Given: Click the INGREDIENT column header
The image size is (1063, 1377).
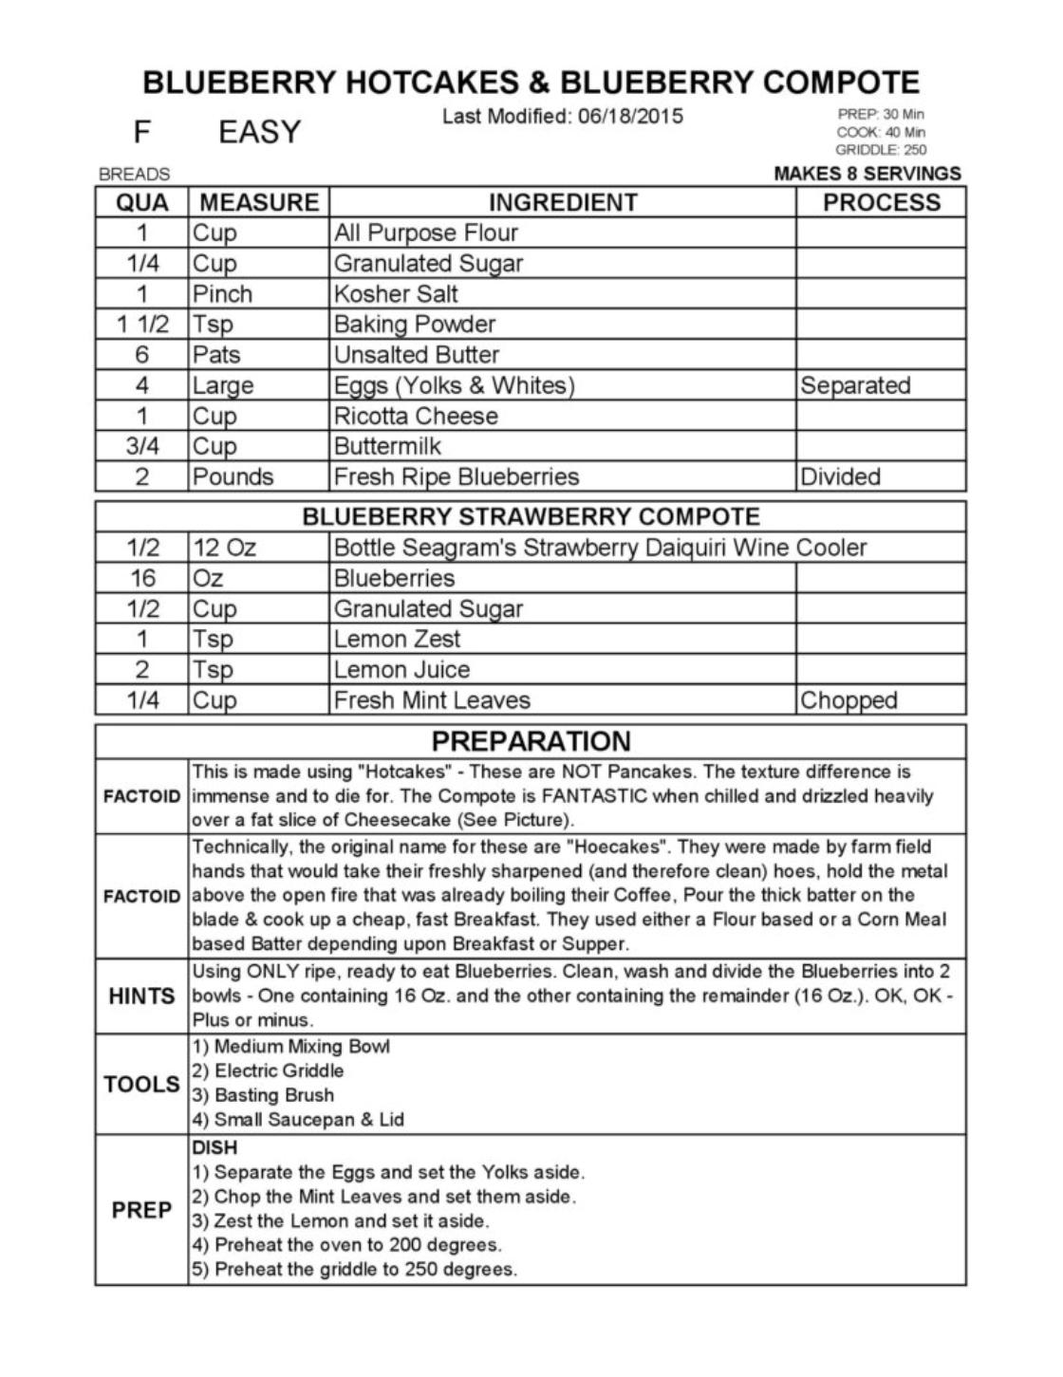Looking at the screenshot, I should tap(562, 202).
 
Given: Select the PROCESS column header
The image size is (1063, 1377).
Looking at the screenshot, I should tap(881, 202).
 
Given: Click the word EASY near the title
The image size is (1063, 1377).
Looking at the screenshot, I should tap(259, 132).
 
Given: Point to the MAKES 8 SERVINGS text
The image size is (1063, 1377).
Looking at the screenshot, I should tap(867, 174).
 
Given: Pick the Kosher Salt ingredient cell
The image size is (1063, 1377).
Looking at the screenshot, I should tap(396, 293).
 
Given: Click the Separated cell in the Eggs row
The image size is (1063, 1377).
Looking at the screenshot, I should tap(855, 385).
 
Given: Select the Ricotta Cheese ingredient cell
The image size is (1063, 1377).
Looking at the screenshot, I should tap(416, 416).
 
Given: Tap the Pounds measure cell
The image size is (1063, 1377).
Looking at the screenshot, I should tap(233, 476).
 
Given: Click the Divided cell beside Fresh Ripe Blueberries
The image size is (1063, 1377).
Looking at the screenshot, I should tap(841, 476).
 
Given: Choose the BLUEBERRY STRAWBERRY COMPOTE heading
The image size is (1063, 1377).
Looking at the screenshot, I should tap(531, 517).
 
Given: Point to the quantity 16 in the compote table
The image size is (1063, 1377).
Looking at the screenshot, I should tap(142, 578).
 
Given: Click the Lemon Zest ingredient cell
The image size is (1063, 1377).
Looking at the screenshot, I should tap(397, 639).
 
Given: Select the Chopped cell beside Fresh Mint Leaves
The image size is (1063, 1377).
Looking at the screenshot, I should tap(849, 700).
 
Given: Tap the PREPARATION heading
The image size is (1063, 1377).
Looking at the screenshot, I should tap(531, 741).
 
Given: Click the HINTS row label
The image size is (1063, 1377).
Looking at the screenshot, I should tap(141, 996).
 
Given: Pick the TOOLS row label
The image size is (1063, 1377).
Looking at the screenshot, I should tap(141, 1084).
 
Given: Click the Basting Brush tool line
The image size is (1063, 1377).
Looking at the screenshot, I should tap(263, 1095).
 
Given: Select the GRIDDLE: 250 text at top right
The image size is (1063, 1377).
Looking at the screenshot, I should tap(881, 150).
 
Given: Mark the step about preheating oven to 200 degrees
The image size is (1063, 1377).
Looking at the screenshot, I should tap(346, 1245).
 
